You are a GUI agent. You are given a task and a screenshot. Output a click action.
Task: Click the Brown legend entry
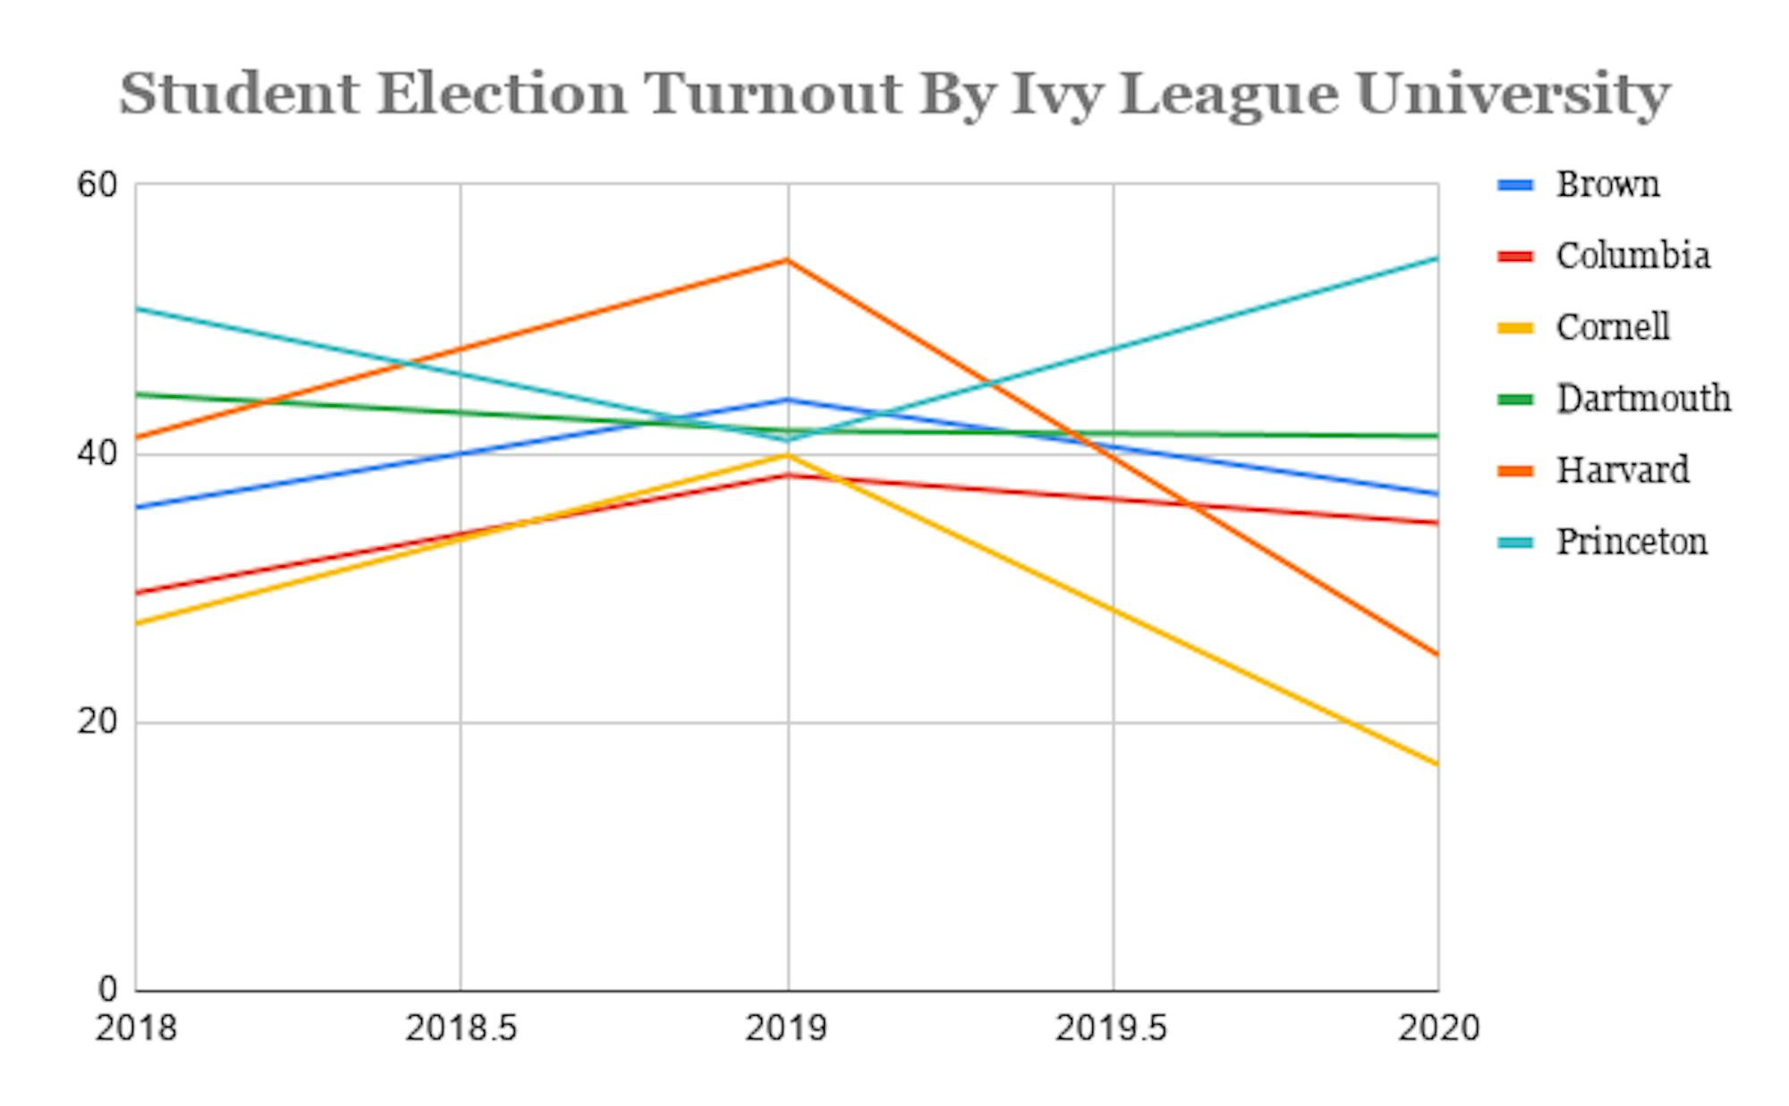1607,185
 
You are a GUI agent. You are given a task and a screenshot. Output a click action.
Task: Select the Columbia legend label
1632,257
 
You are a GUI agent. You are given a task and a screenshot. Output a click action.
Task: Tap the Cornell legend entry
1612,327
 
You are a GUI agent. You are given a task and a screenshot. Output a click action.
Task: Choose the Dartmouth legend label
1643,399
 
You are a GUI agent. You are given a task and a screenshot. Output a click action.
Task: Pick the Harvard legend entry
1622,470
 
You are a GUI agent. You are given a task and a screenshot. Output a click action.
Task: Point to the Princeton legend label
1631,542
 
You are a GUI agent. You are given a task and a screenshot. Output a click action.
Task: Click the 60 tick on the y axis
98,185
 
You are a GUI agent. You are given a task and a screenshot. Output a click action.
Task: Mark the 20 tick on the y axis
98,722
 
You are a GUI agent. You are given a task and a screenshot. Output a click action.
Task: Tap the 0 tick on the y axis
107,989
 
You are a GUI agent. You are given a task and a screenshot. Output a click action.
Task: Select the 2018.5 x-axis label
461,1028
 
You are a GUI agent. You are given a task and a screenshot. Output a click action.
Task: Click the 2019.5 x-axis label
1112,1028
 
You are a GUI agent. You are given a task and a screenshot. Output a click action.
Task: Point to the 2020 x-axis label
1438,1028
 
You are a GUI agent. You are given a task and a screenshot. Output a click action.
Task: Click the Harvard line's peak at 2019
787,260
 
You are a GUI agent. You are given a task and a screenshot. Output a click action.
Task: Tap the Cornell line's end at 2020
1437,764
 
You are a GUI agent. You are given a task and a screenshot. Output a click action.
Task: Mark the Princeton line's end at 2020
1437,259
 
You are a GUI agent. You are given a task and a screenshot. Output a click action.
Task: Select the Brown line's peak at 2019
787,399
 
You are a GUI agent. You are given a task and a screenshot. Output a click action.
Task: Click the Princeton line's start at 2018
138,308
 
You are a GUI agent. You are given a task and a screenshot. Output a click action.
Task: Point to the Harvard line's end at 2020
1437,654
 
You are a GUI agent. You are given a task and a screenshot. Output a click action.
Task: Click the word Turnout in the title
774,94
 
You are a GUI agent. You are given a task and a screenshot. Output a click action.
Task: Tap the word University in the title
1512,94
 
